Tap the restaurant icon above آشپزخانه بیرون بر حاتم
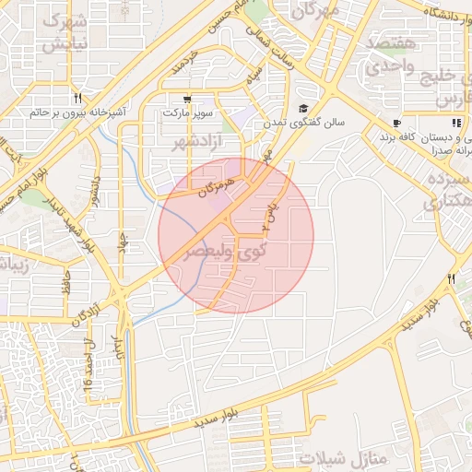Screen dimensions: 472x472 (x=78, y=98)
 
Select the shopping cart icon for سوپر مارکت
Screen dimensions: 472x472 (x=188, y=99)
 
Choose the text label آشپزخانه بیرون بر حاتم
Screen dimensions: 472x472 (x=77, y=112)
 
